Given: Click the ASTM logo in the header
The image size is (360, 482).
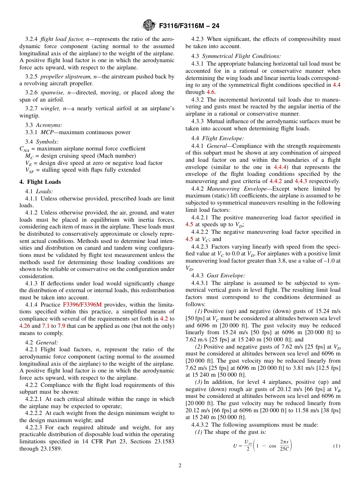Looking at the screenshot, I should (149, 25).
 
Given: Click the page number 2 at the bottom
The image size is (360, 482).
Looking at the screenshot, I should (180, 466).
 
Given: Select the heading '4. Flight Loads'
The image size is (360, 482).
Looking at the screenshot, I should (40, 182).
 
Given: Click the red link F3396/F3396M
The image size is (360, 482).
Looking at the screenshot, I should (82, 305).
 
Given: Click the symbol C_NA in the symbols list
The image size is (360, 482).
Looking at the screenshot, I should (25, 149).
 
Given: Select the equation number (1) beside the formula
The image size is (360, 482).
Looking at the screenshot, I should (337, 446).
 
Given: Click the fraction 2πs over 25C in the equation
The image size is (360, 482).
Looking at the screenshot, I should (285, 446).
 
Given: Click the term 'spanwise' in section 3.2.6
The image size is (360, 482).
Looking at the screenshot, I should (51, 92).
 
